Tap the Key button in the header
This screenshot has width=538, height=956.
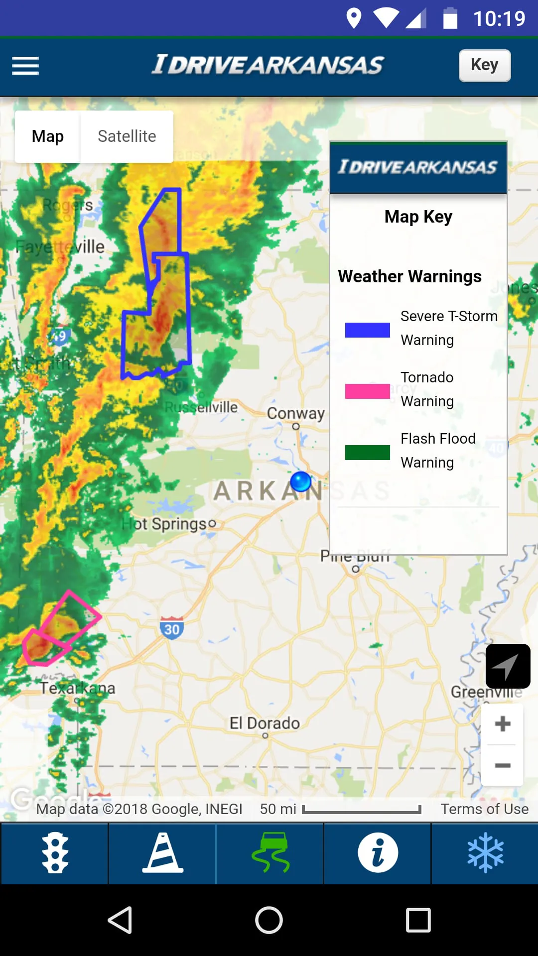click(484, 65)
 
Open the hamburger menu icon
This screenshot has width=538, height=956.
click(25, 66)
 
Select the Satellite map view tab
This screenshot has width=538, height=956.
click(127, 136)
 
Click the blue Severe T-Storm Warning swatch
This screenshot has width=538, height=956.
click(367, 330)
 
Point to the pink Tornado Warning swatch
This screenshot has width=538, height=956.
click(367, 391)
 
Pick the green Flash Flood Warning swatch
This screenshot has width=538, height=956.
click(367, 452)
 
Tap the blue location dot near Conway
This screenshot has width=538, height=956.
click(300, 481)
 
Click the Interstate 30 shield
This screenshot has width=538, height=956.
click(172, 628)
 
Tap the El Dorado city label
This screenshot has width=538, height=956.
click(265, 723)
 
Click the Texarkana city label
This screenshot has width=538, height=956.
click(78, 688)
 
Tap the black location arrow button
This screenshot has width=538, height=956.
click(508, 666)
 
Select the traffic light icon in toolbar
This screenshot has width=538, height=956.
click(55, 852)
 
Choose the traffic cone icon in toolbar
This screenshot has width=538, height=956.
click(163, 852)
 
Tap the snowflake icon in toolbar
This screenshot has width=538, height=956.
click(485, 852)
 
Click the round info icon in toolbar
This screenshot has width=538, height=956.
click(378, 852)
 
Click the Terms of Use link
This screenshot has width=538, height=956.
click(484, 809)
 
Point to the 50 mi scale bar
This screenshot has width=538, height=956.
click(362, 810)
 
